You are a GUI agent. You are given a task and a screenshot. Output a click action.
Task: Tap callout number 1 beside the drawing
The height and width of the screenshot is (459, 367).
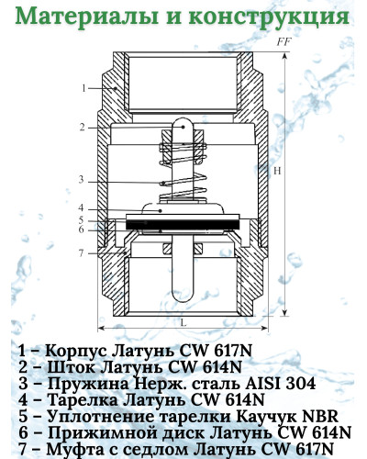83,88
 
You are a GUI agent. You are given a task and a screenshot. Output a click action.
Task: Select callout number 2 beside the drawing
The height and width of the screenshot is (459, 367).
82,127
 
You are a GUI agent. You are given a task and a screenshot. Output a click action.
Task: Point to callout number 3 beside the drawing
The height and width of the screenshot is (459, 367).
82,179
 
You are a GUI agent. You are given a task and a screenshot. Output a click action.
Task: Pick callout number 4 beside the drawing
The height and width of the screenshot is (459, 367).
82,207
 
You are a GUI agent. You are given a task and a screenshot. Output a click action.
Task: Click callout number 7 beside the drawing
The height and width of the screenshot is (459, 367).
82,252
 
